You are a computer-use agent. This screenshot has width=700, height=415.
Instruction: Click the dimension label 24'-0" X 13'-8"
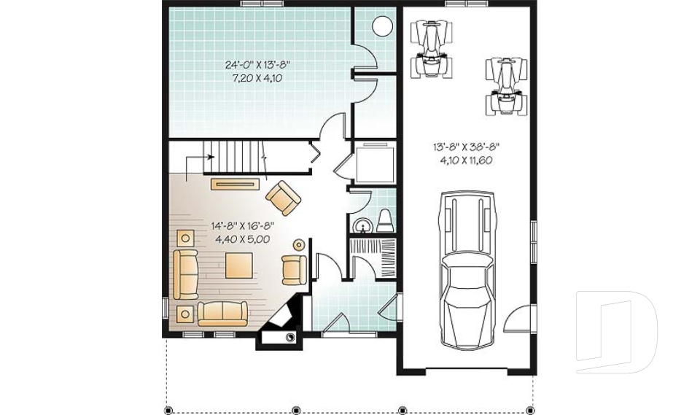(257, 65)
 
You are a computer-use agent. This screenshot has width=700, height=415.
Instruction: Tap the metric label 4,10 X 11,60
(465, 160)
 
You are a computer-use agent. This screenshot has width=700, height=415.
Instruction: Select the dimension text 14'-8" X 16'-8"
(242, 227)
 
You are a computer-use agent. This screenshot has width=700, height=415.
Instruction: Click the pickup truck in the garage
(467, 270)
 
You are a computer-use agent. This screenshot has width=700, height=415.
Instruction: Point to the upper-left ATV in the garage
(432, 48)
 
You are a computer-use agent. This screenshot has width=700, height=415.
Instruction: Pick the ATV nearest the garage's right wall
(506, 87)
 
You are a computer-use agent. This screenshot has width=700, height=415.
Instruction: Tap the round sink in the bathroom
(362, 225)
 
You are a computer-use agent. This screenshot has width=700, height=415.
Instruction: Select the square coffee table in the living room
(239, 265)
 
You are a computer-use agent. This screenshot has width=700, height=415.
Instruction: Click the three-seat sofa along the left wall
(186, 274)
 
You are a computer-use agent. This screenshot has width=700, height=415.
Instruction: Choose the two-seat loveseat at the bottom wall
(222, 314)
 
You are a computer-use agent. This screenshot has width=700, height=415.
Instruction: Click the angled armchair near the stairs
(283, 198)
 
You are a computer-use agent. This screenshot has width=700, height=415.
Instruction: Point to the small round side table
(299, 244)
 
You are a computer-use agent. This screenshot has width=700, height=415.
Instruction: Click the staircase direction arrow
(198, 163)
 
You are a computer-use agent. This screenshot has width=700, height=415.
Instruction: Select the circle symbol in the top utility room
(383, 26)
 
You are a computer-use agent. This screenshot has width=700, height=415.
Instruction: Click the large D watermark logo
(616, 332)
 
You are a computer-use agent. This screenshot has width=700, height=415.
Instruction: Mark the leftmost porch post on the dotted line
(168, 410)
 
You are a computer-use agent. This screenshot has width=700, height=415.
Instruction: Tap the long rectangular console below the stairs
(236, 184)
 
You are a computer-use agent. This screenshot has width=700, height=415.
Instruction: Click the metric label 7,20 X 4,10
(257, 78)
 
